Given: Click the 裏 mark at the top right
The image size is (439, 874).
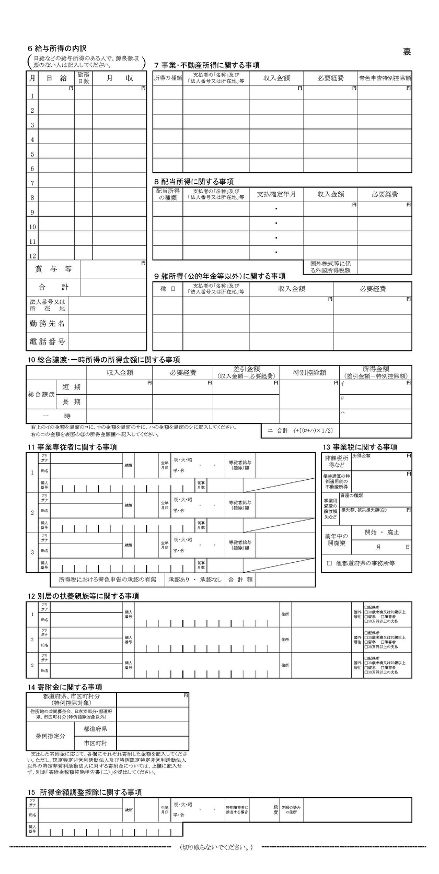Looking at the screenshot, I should click(407, 51).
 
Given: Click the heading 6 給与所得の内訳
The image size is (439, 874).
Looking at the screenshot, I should click(53, 48).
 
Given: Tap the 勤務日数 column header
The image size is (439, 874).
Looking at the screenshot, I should click(83, 78).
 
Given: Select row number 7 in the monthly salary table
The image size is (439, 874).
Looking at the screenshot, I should click(32, 183).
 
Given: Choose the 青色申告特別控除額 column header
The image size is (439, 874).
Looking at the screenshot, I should click(385, 78).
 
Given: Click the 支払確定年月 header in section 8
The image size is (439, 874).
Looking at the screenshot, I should click(276, 194).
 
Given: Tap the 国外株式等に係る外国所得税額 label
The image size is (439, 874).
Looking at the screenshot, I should click(330, 267).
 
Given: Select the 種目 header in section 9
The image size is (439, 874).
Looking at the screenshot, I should click(167, 289).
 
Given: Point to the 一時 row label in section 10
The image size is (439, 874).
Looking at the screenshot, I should click(67, 416).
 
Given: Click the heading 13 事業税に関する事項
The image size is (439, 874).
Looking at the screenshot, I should click(360, 447).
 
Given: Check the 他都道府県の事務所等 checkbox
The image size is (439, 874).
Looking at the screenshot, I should click(330, 563).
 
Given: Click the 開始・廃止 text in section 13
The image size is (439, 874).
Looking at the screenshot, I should click(382, 533).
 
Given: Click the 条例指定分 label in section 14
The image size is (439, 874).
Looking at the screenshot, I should click(51, 736).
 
